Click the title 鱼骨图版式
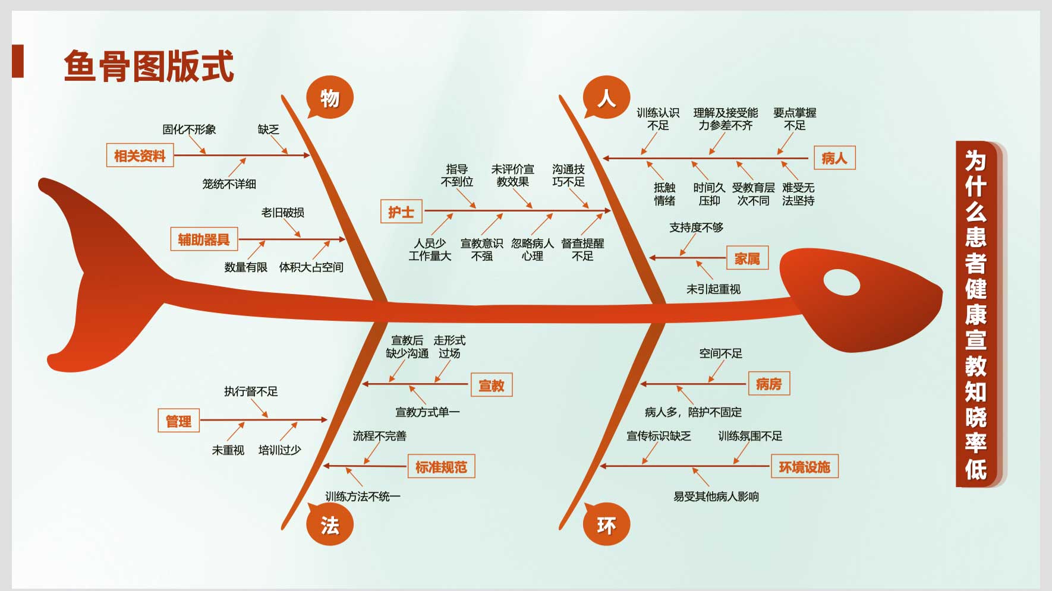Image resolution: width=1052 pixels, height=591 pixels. click(x=149, y=66)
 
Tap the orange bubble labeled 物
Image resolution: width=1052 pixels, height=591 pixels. click(x=330, y=97)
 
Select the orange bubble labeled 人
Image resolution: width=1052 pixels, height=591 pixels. click(x=606, y=97)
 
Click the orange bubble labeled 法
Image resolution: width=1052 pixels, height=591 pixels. click(x=330, y=524)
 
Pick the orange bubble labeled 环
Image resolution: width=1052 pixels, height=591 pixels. click(x=606, y=524)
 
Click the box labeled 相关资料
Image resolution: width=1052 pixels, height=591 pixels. click(x=140, y=156)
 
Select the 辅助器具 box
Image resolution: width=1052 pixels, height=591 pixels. click(x=204, y=239)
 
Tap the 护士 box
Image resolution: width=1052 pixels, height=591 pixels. click(x=401, y=211)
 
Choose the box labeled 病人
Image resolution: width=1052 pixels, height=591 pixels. click(x=834, y=158)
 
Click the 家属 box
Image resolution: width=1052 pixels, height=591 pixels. click(x=748, y=258)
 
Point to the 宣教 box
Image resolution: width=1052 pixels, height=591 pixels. click(x=492, y=385)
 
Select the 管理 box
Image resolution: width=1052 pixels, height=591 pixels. click(x=178, y=421)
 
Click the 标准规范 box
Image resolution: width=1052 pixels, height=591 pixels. click(x=441, y=467)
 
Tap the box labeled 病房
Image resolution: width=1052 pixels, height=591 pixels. click(x=768, y=384)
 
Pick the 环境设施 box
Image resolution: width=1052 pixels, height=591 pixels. click(x=805, y=467)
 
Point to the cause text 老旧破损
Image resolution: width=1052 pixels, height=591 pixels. click(x=283, y=213)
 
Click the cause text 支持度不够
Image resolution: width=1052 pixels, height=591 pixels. click(x=697, y=227)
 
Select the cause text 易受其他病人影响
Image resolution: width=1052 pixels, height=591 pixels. click(x=716, y=497)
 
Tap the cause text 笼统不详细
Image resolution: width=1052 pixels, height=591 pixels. click(x=229, y=184)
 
